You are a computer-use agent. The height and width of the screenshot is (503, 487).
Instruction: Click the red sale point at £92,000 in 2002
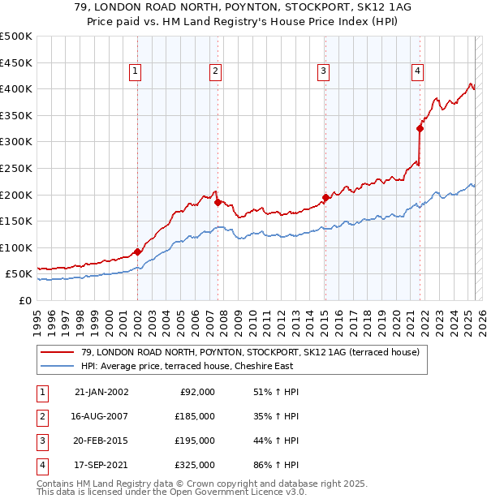coord(138,251)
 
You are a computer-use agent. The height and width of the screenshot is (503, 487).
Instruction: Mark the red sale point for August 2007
coord(218,203)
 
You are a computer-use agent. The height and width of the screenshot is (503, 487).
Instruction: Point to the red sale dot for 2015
coord(325,197)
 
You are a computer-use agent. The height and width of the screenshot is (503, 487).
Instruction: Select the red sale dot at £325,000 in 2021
coord(420,128)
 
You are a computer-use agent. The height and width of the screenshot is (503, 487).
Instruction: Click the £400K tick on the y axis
coord(16,89)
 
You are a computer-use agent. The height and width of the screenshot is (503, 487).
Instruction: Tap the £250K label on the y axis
coord(16,169)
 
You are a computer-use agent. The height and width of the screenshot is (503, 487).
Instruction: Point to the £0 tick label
coord(24,301)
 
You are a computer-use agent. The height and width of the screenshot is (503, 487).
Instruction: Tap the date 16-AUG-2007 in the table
coord(101,416)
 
